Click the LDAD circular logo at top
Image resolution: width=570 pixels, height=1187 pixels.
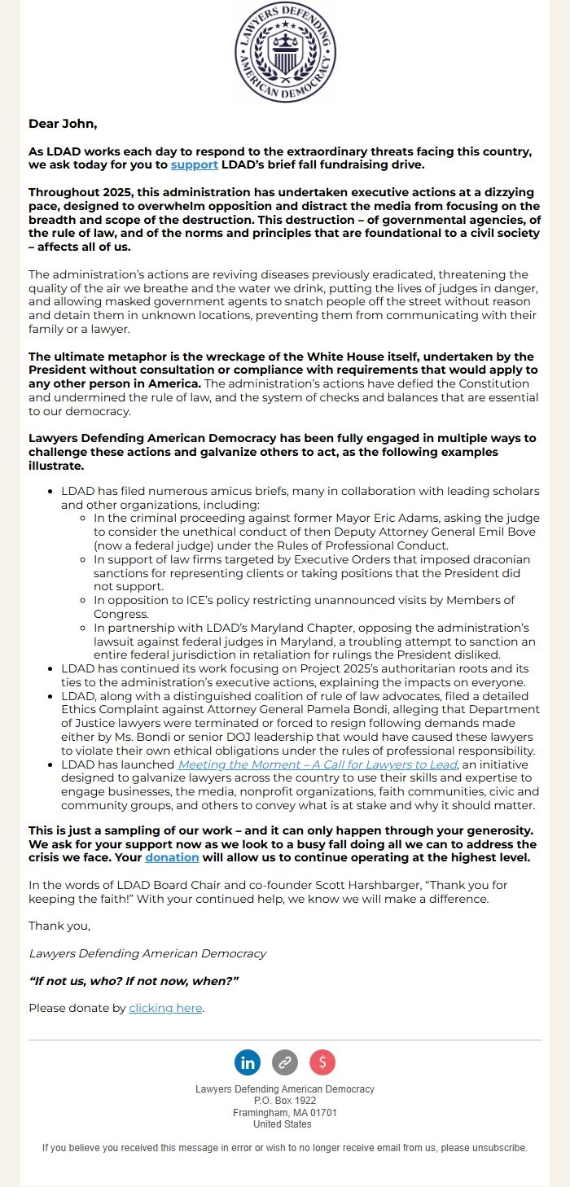click(285, 52)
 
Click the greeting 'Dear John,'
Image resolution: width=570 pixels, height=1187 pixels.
click(63, 124)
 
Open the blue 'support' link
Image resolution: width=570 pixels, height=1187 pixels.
click(194, 164)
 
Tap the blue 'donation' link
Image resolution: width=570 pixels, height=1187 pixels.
click(172, 857)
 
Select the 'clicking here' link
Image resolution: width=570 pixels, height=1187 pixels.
click(165, 1008)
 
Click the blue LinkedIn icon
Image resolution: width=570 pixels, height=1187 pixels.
click(248, 1062)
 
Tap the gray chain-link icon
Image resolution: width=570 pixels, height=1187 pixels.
click(284, 1062)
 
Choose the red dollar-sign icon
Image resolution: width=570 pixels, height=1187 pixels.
click(322, 1062)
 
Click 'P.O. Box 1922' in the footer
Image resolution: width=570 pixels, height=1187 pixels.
click(285, 1101)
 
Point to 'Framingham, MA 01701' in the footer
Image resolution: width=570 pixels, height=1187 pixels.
click(285, 1112)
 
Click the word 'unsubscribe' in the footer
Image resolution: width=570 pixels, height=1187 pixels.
click(499, 1148)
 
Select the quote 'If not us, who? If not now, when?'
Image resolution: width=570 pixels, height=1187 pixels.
click(134, 980)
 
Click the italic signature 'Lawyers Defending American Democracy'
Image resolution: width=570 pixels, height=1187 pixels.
click(147, 953)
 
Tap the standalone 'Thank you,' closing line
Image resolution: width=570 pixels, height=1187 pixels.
click(59, 926)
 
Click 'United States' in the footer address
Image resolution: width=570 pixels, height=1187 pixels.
click(283, 1124)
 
